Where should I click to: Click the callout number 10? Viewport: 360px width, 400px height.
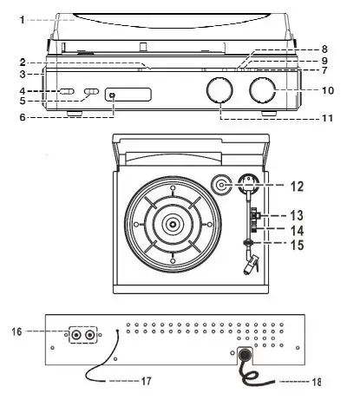coord(328,90)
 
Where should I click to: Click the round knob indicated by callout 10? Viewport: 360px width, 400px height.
coord(263,89)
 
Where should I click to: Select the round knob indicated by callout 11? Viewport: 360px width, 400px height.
coord(220,92)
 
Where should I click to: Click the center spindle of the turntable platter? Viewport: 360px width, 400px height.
coord(173,224)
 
